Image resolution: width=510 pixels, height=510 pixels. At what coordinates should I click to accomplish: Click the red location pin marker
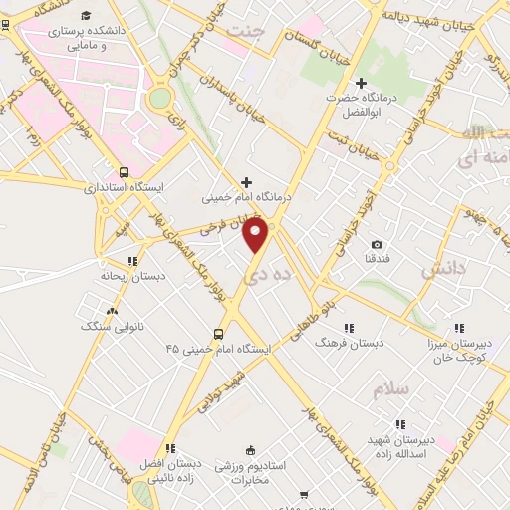pos(257,234)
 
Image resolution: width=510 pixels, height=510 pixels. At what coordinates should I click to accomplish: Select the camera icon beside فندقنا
pos(377,245)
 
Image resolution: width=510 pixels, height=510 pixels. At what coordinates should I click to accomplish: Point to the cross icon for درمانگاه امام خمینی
pos(247,181)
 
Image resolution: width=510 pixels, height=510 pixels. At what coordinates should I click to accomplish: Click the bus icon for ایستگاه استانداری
pos(123,171)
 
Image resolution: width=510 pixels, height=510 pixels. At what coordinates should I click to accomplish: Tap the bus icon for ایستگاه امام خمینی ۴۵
pos(218,334)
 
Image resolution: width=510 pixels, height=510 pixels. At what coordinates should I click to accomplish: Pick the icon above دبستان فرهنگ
pos(349,327)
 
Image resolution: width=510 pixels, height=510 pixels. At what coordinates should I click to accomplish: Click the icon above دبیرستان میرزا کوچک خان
pos(459,327)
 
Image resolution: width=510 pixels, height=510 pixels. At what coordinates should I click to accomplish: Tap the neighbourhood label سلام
pos(391,389)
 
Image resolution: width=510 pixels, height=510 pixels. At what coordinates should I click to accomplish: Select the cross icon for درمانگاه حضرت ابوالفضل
pos(362,82)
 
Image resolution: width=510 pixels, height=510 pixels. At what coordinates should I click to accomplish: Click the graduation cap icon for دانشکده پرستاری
pos(88,16)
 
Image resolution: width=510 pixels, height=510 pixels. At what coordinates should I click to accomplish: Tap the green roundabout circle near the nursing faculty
pos(159,98)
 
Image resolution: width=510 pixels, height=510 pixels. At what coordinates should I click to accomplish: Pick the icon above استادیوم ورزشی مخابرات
pos(250,449)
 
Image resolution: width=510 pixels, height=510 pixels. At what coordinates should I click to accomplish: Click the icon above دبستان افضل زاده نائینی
pos(171,448)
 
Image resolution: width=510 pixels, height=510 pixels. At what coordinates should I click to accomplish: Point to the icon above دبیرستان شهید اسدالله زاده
pos(399,424)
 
